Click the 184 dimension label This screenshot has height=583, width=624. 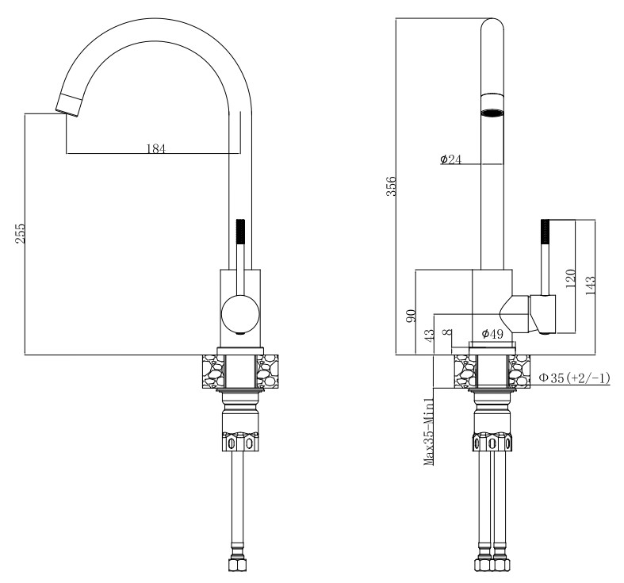[155, 148]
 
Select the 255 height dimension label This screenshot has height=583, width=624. [20, 234]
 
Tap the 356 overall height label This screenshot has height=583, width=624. [392, 186]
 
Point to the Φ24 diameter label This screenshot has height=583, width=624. [450, 159]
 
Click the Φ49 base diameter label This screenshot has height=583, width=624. [492, 334]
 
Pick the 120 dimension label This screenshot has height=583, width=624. [570, 278]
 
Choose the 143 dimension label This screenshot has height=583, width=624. [590, 285]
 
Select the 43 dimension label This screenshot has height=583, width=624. [430, 335]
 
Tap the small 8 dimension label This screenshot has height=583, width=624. [449, 332]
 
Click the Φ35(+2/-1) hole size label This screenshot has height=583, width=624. [574, 378]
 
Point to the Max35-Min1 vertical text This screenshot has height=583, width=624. [429, 431]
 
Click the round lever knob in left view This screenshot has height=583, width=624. [240, 314]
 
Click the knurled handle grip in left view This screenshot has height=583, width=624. [240, 232]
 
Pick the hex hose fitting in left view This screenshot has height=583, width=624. [238, 565]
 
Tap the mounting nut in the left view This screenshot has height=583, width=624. [240, 443]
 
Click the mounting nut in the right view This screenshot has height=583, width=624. [492, 443]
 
